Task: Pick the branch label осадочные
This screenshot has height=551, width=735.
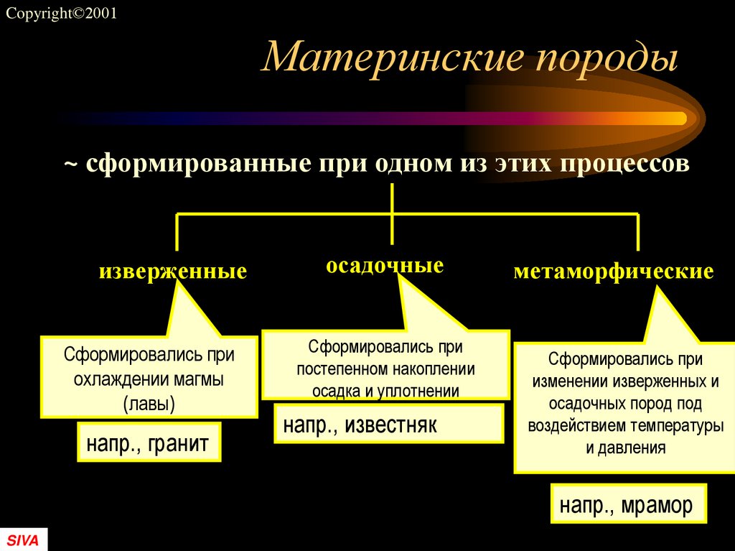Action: (385, 266)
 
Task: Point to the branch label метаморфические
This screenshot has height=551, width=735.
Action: (614, 272)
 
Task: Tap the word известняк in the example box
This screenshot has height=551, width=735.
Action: (391, 425)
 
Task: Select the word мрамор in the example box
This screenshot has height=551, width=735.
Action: (657, 506)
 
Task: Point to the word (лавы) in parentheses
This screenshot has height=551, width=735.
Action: (149, 402)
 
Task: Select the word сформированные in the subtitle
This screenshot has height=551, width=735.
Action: (194, 164)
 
